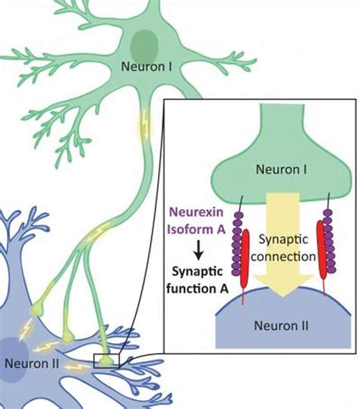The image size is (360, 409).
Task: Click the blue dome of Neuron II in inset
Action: pyautogui.click(x=266, y=326)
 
